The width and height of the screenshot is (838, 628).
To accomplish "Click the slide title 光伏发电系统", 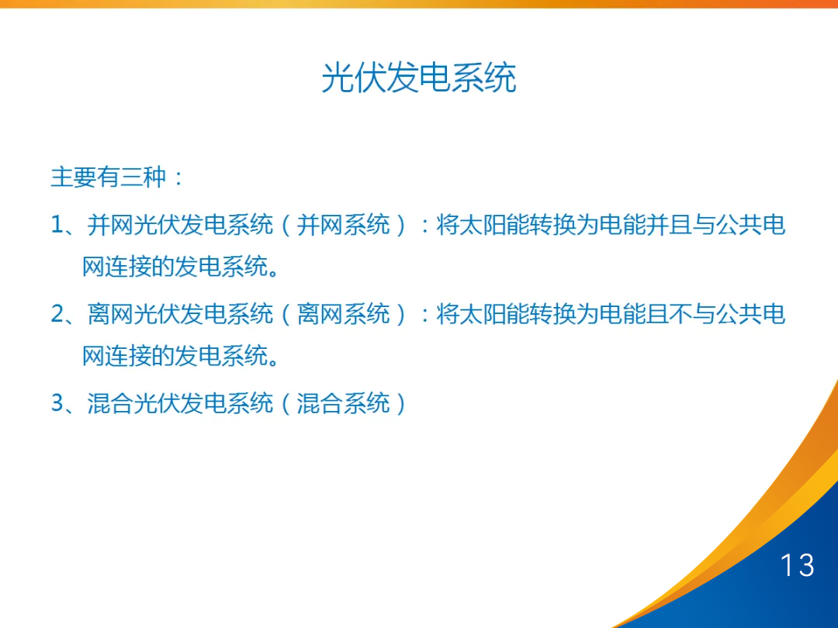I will click(419, 78).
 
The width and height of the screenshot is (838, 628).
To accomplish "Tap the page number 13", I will click(797, 565).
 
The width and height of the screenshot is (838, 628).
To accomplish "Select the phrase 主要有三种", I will click(109, 178).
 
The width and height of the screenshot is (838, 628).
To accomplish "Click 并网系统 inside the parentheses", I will click(343, 226).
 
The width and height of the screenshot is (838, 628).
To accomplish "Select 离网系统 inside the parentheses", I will click(343, 315).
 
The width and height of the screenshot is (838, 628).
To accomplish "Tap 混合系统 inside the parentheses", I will click(343, 404).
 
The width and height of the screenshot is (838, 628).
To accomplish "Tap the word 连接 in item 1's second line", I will click(118, 267).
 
